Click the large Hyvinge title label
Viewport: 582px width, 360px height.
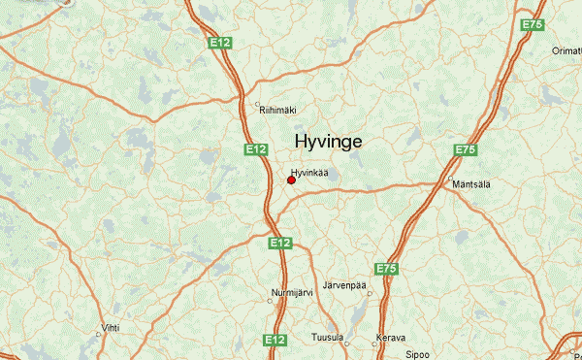pos(328,142)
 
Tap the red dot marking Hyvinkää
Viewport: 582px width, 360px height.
pos(292,180)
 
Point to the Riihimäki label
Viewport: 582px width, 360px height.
pos(276,111)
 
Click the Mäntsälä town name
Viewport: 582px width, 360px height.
pos(470,183)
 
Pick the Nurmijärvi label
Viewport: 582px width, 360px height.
pos(292,291)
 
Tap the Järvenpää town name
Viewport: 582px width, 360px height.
pos(345,284)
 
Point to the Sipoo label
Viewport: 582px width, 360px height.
pos(417,354)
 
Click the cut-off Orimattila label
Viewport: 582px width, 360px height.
pos(566,50)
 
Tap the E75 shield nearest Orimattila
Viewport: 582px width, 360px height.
pos(532,24)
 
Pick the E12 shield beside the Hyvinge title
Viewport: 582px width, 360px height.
pos(255,149)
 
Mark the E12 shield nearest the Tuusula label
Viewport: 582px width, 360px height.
pos(275,340)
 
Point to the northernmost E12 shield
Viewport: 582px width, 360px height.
pos(219,43)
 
